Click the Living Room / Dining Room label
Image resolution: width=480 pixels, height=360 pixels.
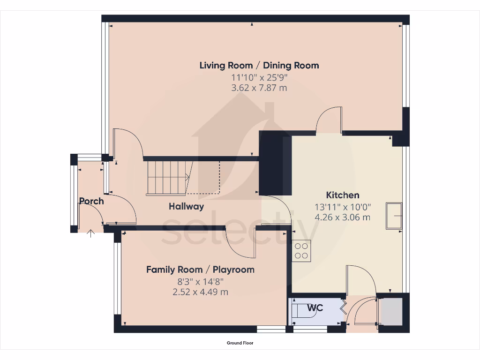259,65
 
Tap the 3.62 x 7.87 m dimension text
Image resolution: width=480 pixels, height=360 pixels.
259,88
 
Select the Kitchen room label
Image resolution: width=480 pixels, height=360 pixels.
343,195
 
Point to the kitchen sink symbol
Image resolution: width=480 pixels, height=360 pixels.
394,216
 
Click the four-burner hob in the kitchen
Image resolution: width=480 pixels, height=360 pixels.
301,250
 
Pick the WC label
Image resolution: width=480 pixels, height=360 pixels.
315,308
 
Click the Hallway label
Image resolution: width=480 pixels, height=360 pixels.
186,206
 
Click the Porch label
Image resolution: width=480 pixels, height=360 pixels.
91,201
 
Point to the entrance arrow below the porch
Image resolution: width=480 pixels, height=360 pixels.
90,232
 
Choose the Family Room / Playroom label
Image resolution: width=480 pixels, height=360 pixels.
200,270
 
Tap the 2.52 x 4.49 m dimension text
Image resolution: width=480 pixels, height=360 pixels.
200,292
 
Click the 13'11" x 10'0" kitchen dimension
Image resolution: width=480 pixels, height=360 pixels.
343,206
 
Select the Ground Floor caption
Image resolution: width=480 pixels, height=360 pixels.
240,343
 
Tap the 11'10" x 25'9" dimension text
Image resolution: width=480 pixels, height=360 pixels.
259,77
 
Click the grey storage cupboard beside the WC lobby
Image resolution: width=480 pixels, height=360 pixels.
391,311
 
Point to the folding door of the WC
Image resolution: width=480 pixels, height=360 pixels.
343,307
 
